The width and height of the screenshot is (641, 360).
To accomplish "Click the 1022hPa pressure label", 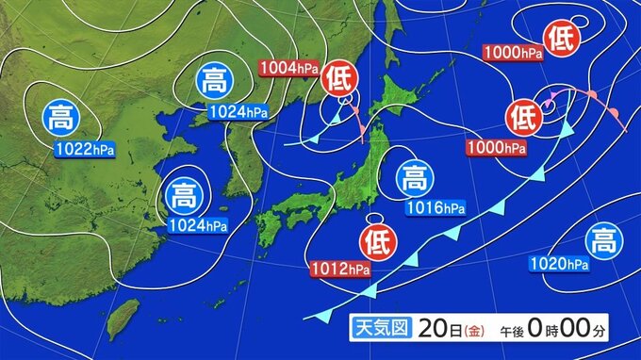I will [80, 147].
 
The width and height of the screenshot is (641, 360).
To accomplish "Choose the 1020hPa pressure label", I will [559, 264].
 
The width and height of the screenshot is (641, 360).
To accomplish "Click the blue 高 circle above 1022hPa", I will [62, 119].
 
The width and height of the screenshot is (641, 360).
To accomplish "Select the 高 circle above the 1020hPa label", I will [601, 241].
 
